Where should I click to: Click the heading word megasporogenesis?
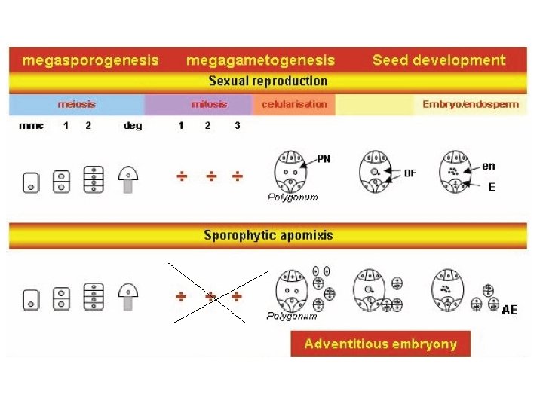pyautogui.click(x=90, y=60)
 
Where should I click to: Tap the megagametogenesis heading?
pyautogui.click(x=260, y=60)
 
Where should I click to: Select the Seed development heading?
pyautogui.click(x=439, y=60)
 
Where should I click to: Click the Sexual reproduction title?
pyautogui.click(x=268, y=81)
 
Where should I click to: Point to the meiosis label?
pyautogui.click(x=77, y=104)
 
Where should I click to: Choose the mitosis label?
pyautogui.click(x=209, y=104)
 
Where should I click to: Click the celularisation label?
pyautogui.click(x=294, y=104)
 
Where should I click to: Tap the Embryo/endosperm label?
pyautogui.click(x=471, y=104)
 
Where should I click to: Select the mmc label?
pyautogui.click(x=30, y=126)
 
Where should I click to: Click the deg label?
pyautogui.click(x=132, y=126)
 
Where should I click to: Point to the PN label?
pyautogui.click(x=324, y=158)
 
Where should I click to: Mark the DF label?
pyautogui.click(x=410, y=173)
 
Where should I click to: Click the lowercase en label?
pyautogui.click(x=489, y=165)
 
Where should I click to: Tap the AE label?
pyautogui.click(x=510, y=310)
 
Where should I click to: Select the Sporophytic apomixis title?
pyautogui.click(x=268, y=235)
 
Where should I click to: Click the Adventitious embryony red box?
pyautogui.click(x=380, y=344)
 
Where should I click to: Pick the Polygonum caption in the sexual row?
pyautogui.click(x=293, y=197)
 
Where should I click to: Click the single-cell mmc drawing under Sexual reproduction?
pyautogui.click(x=31, y=181)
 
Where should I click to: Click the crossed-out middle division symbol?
pyautogui.click(x=210, y=296)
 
